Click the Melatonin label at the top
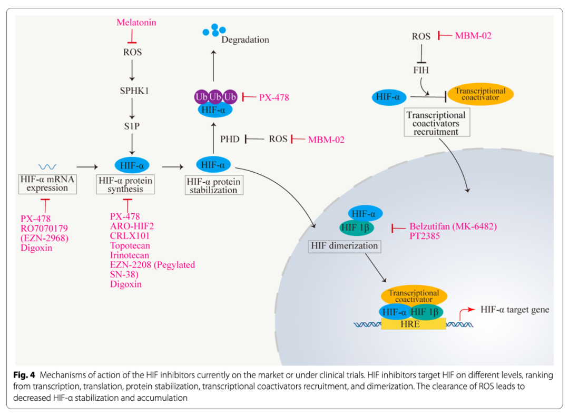(x=136, y=23)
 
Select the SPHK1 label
(x=134, y=90)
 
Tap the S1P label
(x=133, y=126)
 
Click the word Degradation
(x=246, y=39)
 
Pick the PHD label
(x=230, y=139)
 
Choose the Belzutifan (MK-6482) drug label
(x=453, y=226)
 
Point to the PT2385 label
(x=425, y=236)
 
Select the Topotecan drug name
(x=130, y=245)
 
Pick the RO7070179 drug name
(x=45, y=229)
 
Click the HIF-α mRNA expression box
(x=47, y=184)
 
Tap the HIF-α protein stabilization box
(x=214, y=186)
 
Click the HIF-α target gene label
(x=514, y=310)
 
